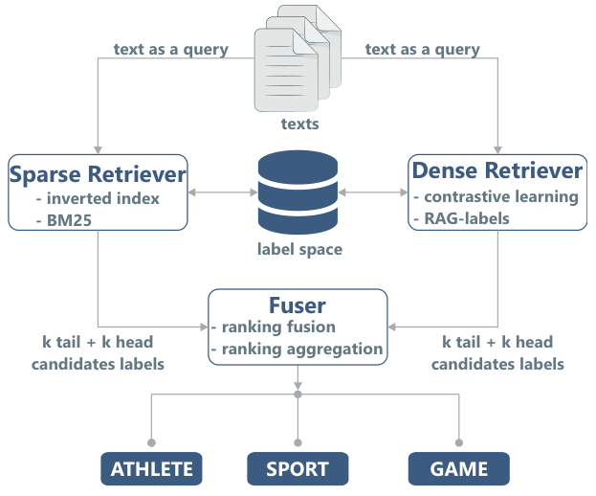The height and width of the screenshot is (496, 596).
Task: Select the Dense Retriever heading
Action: [x=497, y=170]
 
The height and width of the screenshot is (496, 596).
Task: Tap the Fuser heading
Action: [x=297, y=305]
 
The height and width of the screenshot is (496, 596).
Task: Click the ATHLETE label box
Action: [x=152, y=469]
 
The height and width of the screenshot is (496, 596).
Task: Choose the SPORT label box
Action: [x=298, y=469]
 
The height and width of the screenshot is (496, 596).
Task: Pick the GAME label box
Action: [x=459, y=469]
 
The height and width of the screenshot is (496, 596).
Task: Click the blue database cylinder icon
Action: [x=298, y=194]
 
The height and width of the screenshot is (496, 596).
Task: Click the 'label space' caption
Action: [x=298, y=250]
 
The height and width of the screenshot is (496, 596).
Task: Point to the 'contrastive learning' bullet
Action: [x=500, y=196]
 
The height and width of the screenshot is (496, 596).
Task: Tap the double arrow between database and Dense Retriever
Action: [x=372, y=193]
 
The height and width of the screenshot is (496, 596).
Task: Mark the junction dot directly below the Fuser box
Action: [x=298, y=394]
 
